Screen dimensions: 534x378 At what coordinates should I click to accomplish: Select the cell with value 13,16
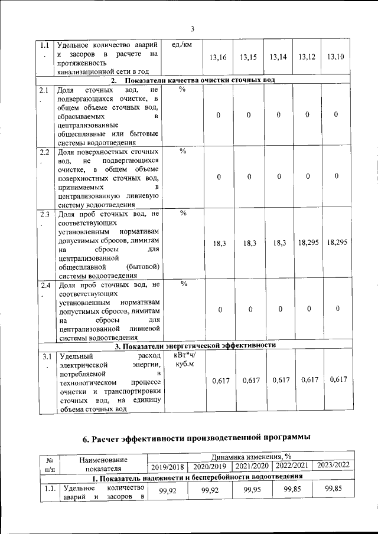click(218, 57)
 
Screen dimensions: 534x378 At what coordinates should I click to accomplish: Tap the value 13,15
click(249, 57)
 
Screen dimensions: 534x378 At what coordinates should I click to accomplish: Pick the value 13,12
click(307, 57)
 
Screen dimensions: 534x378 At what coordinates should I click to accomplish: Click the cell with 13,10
click(335, 57)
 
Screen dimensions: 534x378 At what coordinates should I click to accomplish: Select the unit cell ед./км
click(183, 44)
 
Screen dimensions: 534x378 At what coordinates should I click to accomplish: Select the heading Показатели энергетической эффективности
click(195, 346)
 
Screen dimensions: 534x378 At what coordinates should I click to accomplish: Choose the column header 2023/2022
click(333, 465)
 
